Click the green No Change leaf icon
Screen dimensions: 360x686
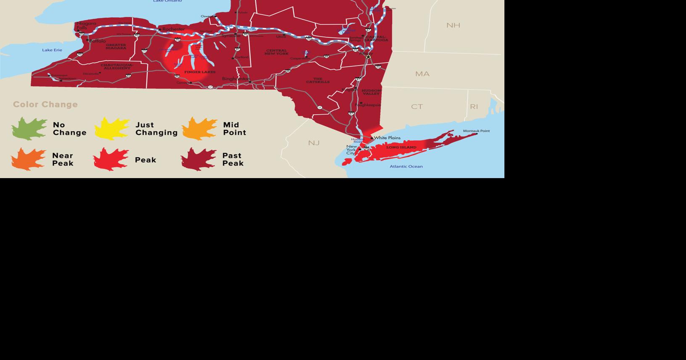coord(29,129)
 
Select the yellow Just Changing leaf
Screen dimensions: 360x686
coord(112,129)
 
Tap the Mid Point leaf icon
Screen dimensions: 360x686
coord(199,129)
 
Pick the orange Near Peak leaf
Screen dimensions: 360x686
coord(28,159)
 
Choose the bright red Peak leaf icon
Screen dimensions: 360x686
coord(111,159)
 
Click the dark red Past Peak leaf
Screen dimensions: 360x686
coord(198,159)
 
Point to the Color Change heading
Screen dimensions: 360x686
coord(45,105)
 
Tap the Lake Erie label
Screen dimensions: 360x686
coord(52,50)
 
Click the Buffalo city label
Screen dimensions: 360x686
coord(98,41)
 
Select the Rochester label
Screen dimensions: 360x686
coord(173,29)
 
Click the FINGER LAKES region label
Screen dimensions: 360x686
coord(200,72)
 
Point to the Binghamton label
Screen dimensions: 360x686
coord(235,79)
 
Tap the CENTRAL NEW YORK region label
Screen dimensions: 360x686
coord(277,52)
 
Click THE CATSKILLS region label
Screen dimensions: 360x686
coord(318,80)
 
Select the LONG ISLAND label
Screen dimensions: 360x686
coord(401,147)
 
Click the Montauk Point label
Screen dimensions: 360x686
coord(476,131)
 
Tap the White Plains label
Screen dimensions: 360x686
coord(387,138)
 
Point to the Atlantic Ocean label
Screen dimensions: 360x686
coord(406,166)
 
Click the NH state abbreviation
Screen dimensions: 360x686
coord(453,25)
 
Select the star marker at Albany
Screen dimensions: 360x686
coord(369,56)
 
